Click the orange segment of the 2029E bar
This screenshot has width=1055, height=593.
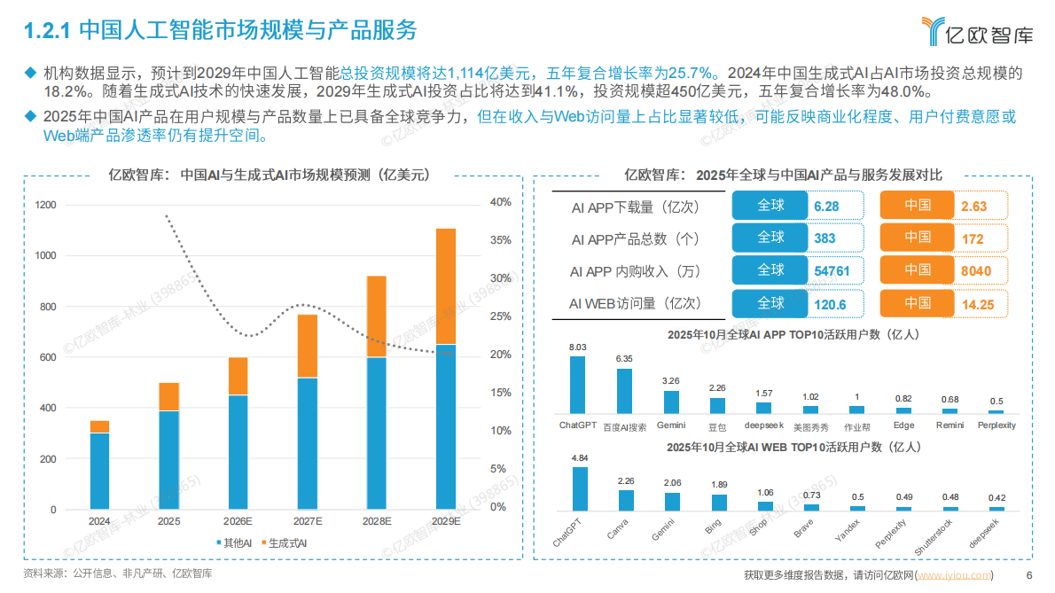click(446, 286)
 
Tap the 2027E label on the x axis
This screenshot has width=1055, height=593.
click(308, 521)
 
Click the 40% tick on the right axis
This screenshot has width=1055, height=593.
click(500, 202)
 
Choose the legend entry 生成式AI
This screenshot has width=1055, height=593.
click(286, 542)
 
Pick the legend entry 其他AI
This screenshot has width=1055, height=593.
click(235, 542)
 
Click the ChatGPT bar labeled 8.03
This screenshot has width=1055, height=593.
click(577, 384)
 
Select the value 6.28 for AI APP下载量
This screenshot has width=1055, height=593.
click(826, 206)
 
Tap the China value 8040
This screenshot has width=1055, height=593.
click(975, 270)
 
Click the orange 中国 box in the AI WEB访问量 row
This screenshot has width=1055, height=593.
click(918, 303)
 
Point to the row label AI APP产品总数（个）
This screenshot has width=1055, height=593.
click(636, 238)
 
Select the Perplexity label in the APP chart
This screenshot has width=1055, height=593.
click(996, 425)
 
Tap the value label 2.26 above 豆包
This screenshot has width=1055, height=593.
click(717, 387)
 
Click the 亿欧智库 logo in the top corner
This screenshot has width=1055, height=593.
click(975, 32)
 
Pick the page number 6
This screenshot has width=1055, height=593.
click(1028, 575)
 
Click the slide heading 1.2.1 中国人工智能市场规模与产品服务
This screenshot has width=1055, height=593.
click(220, 31)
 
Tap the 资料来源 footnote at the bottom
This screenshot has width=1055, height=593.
click(118, 573)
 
